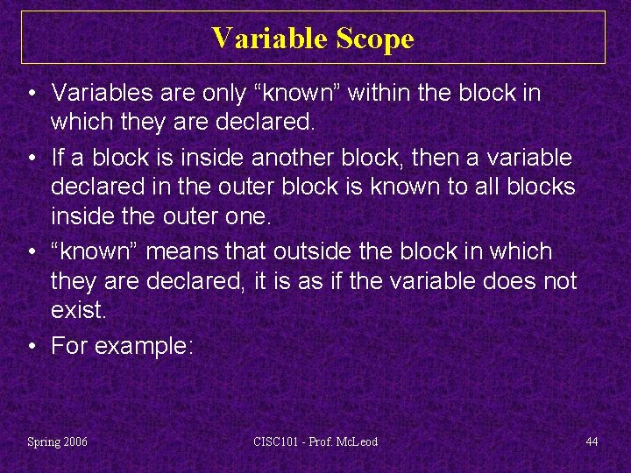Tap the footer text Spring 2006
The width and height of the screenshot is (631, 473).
57,441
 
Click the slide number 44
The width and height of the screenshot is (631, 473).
592,441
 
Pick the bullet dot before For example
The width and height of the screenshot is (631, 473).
32,347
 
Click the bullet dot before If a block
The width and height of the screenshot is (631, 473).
32,159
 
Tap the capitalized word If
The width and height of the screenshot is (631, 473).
58,158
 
